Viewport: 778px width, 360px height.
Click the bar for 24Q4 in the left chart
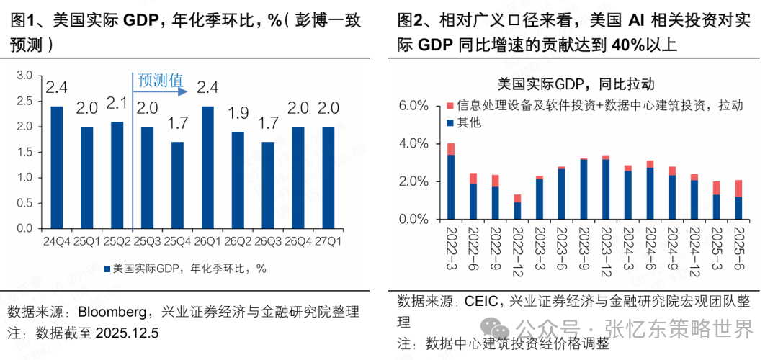click(56, 167)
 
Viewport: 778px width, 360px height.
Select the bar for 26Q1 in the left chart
click(207, 167)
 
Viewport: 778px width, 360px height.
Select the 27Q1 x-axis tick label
click(328, 242)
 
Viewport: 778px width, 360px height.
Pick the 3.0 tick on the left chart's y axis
click(24, 76)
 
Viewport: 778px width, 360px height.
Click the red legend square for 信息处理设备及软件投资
click(450, 106)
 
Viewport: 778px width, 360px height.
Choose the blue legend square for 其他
click(450, 123)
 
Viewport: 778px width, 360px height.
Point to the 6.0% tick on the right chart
click(413, 106)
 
